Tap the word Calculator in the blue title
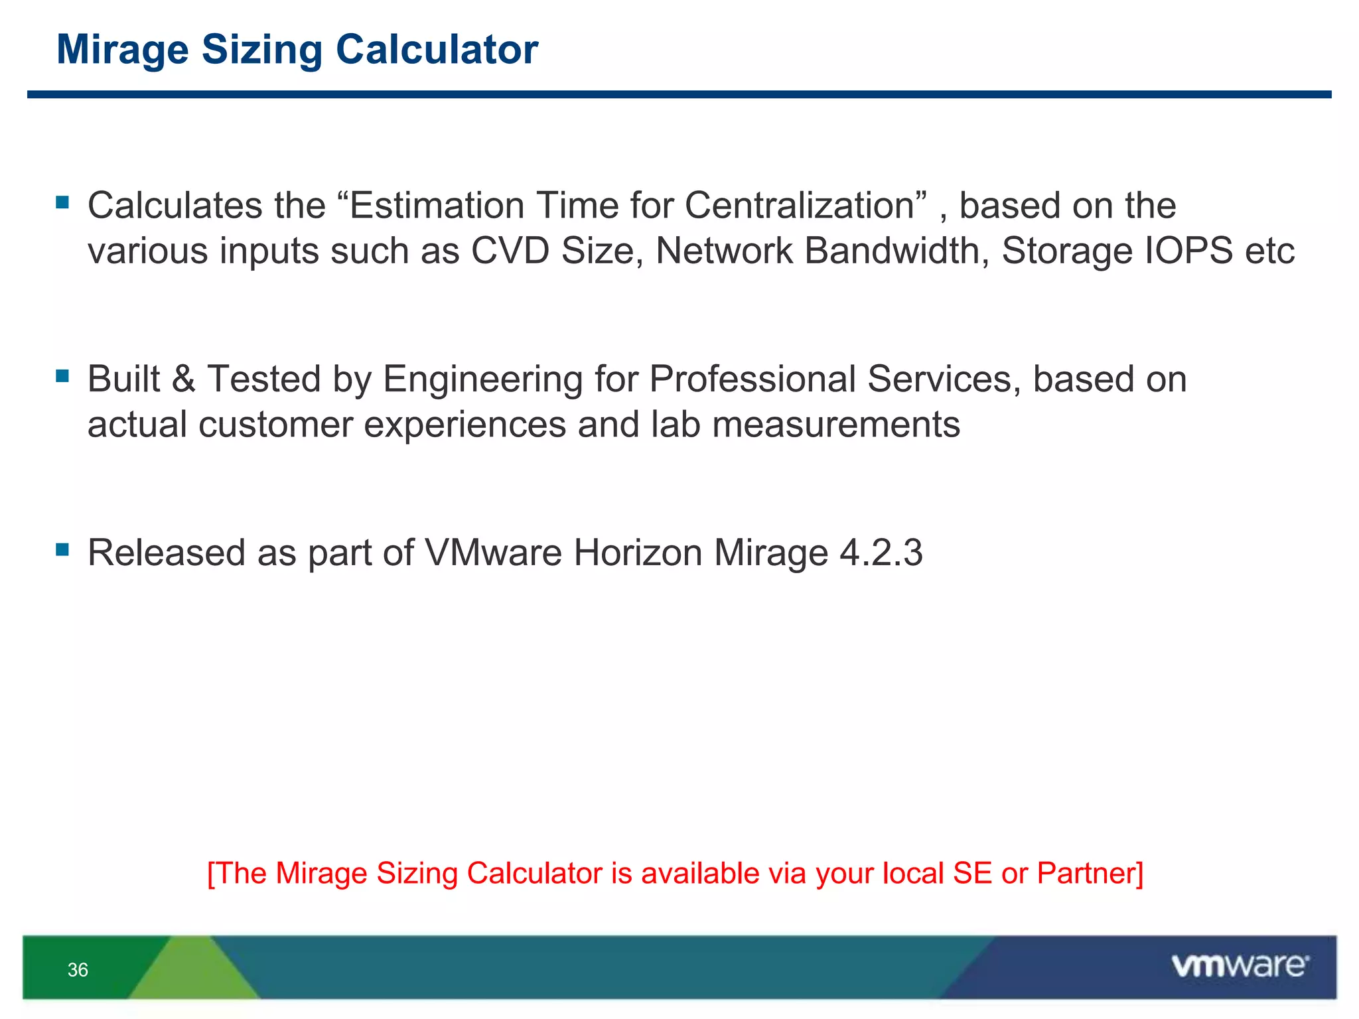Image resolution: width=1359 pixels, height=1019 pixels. tap(437, 50)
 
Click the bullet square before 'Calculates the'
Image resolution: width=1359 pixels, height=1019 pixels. tap(63, 202)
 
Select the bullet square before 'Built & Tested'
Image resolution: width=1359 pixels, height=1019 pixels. tap(63, 376)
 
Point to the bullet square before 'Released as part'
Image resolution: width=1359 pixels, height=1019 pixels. tap(63, 549)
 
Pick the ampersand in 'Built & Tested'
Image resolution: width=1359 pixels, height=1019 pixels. tap(184, 379)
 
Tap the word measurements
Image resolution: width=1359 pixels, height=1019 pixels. tap(836, 425)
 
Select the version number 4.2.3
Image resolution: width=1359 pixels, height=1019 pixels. tap(881, 553)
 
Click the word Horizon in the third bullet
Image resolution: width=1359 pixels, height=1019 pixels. tap(638, 553)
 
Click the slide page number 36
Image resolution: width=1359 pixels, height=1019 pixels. tap(78, 970)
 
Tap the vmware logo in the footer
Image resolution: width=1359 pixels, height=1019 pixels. tap(1240, 966)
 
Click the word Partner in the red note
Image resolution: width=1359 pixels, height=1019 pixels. tap(1090, 874)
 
